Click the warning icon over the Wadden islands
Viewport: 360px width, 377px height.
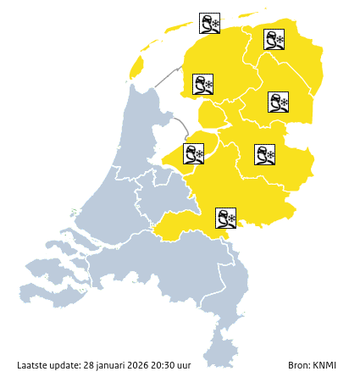(x=209, y=23)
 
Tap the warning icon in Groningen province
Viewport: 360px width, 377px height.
(x=274, y=40)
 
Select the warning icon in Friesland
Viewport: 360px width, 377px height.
(x=202, y=84)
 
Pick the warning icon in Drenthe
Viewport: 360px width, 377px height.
(x=279, y=103)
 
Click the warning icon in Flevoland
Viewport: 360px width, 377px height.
(x=194, y=153)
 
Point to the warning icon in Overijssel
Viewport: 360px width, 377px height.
(x=264, y=153)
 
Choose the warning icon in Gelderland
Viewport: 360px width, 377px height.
(x=225, y=218)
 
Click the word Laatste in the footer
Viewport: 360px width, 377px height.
(x=32, y=365)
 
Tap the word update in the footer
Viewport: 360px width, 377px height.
(x=65, y=365)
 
